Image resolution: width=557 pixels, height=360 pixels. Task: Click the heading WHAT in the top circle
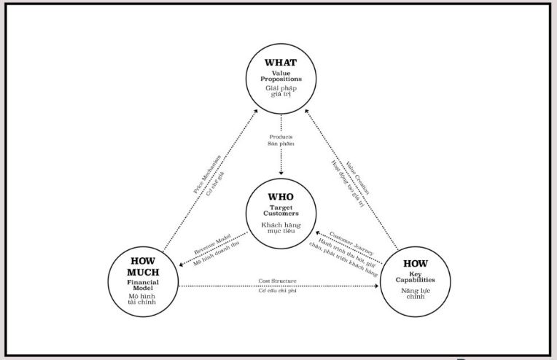[x=281, y=63]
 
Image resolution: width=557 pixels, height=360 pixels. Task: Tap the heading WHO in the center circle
[x=281, y=197]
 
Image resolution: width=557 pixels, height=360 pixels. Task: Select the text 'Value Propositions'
[x=281, y=76]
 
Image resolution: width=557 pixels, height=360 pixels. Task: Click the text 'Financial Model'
[x=144, y=284]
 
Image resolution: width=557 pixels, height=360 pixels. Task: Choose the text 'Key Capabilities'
[x=416, y=277]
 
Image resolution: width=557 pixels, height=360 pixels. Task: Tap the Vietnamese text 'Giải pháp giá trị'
[x=281, y=91]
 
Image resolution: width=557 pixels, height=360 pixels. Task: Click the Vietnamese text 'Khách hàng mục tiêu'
[x=281, y=229]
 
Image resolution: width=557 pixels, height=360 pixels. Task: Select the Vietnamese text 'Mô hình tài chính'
[x=144, y=301]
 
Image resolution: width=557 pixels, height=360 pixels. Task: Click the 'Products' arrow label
[x=281, y=136]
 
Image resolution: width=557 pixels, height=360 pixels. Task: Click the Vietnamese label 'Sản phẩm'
[x=281, y=144]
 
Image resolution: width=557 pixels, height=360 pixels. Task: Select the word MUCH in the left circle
[x=144, y=272]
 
